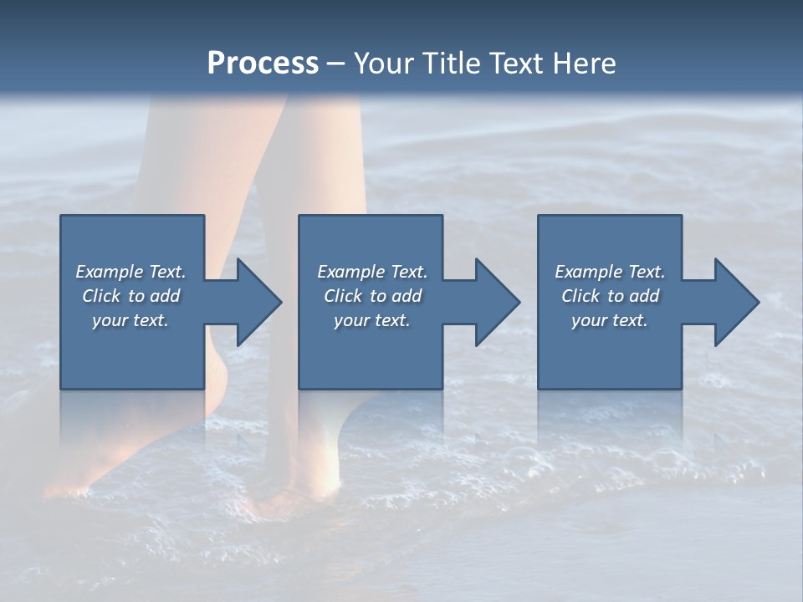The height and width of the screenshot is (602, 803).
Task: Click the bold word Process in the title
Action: coord(263,64)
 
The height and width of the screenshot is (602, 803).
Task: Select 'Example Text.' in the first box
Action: coord(130,272)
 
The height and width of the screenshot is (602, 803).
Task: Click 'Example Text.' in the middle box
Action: coord(372,272)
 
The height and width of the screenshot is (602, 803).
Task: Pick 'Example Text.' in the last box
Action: coord(610,272)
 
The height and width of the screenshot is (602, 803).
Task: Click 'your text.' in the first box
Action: coord(130,320)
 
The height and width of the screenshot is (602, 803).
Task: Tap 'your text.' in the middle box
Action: coord(372,320)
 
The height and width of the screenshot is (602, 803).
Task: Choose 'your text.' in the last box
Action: coord(610,320)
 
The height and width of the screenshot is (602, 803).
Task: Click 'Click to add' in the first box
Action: coord(130,296)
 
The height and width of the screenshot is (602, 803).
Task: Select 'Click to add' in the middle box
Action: coord(372,296)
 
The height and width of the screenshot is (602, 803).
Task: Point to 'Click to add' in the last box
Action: coord(610,296)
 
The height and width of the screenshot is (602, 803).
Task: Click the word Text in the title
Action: coord(519,64)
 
